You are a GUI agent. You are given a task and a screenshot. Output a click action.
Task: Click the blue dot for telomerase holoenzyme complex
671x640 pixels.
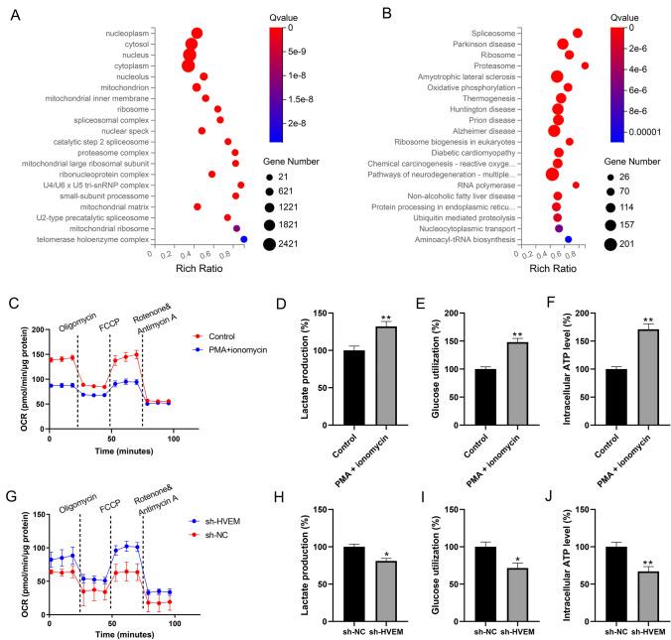243,239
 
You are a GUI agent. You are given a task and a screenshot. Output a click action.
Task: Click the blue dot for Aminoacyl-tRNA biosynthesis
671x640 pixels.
568,239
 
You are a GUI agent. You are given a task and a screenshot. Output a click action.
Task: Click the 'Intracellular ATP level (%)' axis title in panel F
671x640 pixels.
537,369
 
